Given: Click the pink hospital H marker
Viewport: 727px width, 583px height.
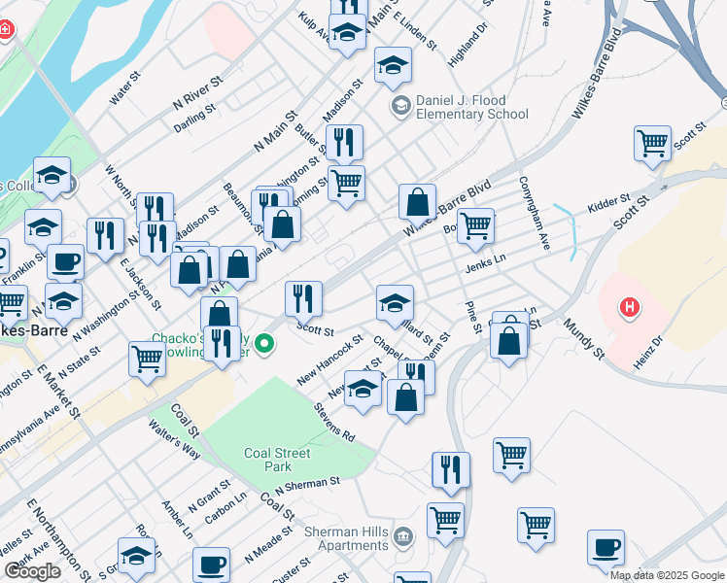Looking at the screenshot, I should [x=630, y=308].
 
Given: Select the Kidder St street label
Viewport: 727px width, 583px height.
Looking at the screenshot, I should [x=609, y=204].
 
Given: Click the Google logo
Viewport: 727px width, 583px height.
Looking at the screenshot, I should [x=32, y=571].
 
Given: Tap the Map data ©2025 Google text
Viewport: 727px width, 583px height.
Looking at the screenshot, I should [x=667, y=575].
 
